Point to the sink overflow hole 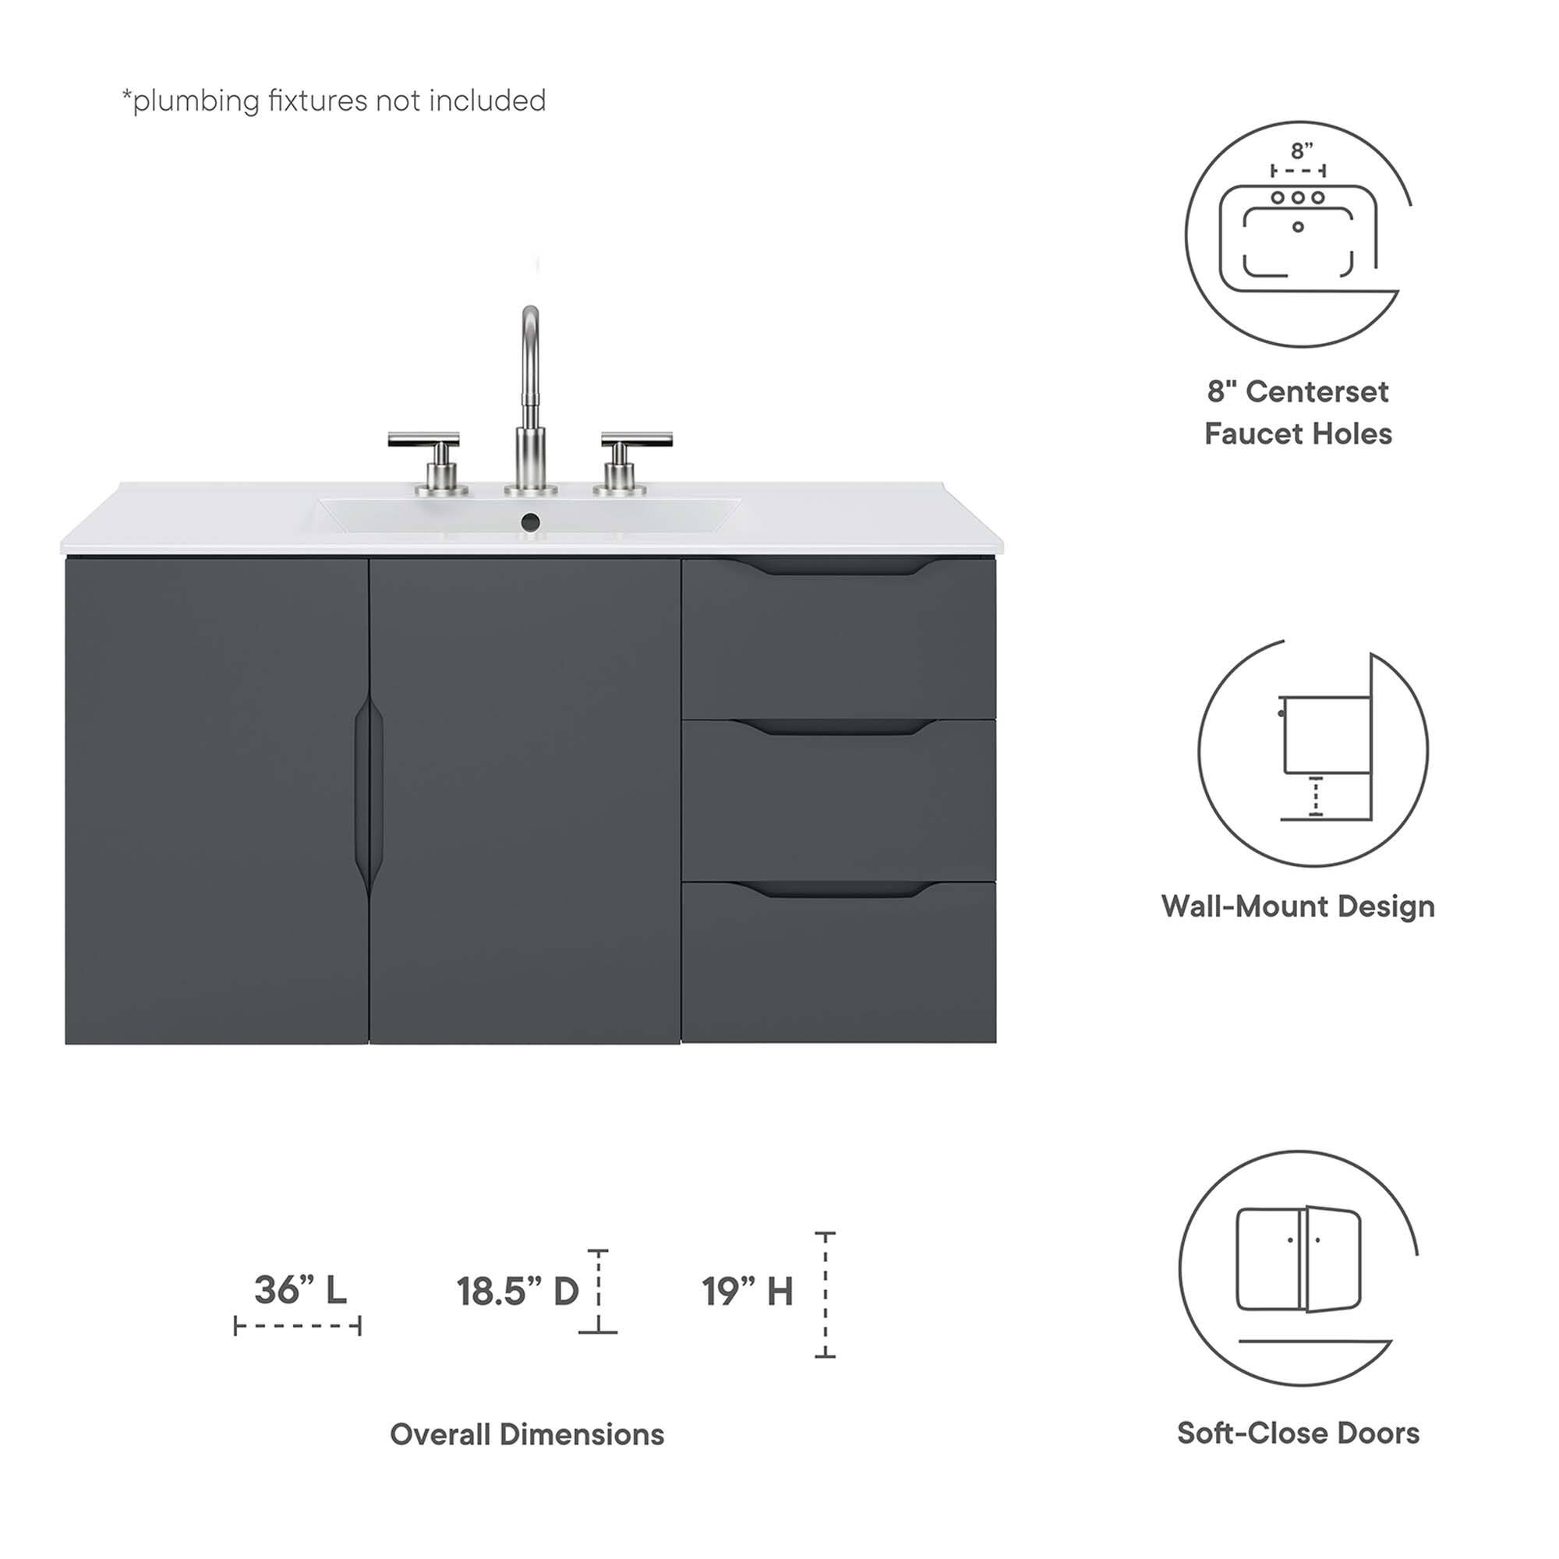(x=530, y=522)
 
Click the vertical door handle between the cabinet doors (x=369, y=795)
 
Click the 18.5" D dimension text (x=518, y=1291)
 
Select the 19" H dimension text (x=748, y=1291)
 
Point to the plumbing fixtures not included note (x=334, y=101)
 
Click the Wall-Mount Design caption (x=1298, y=907)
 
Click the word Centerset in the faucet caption (x=1317, y=392)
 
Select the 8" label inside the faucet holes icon (x=1302, y=151)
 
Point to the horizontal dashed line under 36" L (x=298, y=1326)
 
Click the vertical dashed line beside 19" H (x=825, y=1294)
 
